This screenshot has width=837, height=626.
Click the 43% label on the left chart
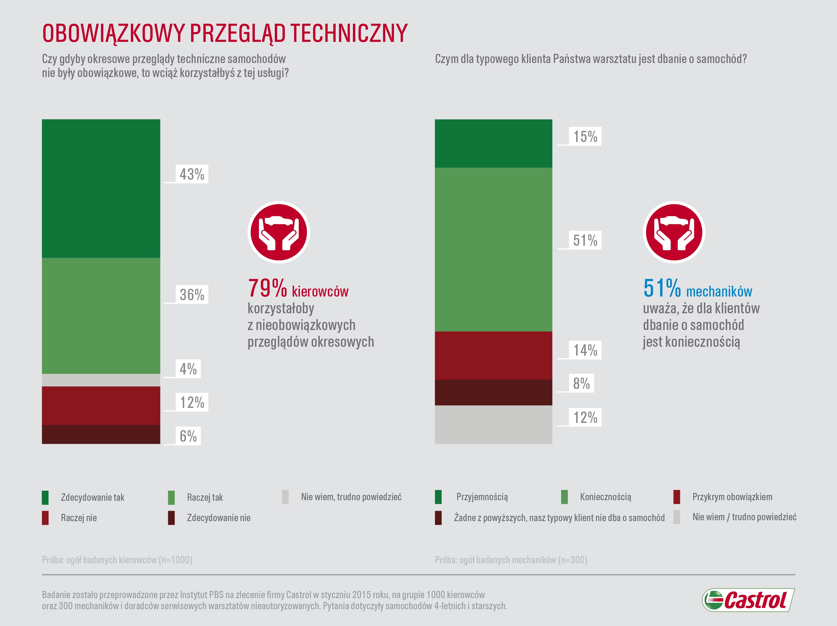coord(192,174)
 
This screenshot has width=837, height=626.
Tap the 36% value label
coord(192,295)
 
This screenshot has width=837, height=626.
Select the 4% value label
coord(188,369)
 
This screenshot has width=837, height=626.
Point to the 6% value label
coord(188,436)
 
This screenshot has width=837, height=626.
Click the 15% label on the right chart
coord(585,136)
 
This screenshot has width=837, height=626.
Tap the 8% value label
coord(581,384)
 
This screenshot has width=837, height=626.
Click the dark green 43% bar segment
coord(101,188)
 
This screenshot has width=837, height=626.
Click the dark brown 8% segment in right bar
coord(494,392)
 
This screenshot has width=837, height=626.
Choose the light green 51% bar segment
coord(494,249)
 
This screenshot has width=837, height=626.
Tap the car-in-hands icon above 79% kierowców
coord(279,232)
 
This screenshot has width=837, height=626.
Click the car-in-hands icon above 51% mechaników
coord(674,232)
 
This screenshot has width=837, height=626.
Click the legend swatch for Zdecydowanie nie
coord(171,518)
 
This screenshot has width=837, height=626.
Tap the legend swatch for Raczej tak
coord(171,497)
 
